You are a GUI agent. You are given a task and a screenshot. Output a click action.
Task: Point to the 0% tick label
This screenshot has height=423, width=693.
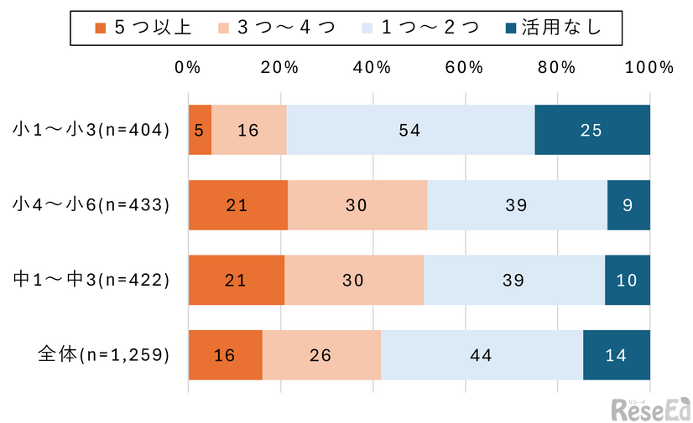click(x=188, y=68)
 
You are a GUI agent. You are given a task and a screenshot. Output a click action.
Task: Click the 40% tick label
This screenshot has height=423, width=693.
click(x=373, y=68)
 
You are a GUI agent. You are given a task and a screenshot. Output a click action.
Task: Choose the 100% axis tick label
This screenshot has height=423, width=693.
click(x=650, y=68)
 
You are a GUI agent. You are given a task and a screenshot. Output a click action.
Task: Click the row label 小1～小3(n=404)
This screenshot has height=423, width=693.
click(x=91, y=130)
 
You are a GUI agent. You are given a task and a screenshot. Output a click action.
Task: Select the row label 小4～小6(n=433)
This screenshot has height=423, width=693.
click(x=91, y=204)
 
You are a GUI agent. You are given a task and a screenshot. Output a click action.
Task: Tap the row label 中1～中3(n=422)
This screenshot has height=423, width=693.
click(x=91, y=280)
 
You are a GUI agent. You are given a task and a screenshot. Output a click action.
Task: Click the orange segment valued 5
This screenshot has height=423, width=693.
click(x=200, y=130)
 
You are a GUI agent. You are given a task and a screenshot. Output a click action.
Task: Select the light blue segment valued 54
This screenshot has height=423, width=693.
click(x=410, y=130)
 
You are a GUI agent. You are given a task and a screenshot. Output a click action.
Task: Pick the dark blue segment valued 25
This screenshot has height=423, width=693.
click(x=592, y=130)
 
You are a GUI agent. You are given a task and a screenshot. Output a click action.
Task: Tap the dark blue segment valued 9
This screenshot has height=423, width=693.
click(x=628, y=204)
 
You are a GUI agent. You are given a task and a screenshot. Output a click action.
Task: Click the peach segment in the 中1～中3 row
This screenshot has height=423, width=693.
click(x=354, y=280)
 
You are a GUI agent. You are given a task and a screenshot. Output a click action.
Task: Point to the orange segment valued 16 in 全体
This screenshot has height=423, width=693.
click(x=225, y=355)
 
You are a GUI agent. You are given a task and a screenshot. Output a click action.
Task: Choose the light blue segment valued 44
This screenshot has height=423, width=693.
click(x=482, y=355)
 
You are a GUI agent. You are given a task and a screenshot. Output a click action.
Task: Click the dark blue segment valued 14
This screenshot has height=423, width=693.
click(x=617, y=355)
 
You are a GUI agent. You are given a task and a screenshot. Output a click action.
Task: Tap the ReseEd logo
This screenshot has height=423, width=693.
click(x=649, y=409)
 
